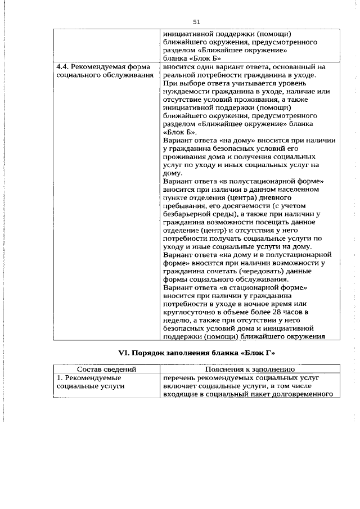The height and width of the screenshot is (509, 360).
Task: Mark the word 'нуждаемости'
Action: (185, 91)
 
